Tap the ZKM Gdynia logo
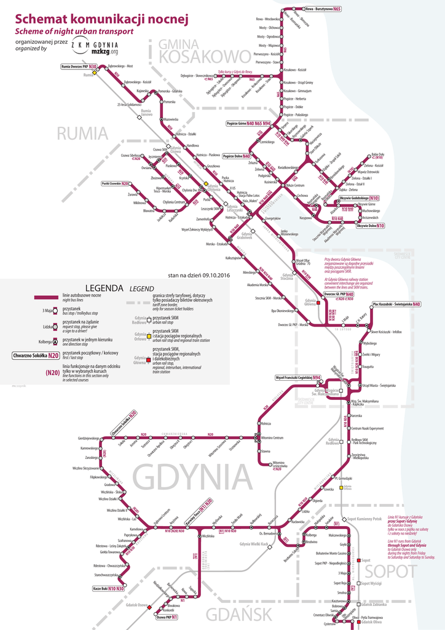click(x=95, y=47)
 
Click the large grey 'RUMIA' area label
click(x=82, y=134)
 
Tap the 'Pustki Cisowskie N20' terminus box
click(x=116, y=183)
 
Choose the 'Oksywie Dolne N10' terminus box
click(x=371, y=226)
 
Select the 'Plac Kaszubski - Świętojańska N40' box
click(x=396, y=304)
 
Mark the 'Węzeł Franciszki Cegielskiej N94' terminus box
click(x=299, y=377)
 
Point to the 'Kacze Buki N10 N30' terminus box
click(x=108, y=589)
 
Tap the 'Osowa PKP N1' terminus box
click(x=166, y=616)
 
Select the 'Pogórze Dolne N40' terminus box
click(x=237, y=156)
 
